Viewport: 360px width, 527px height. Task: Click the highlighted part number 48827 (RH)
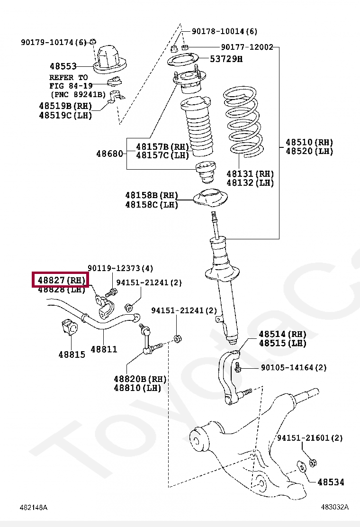coord(61,280)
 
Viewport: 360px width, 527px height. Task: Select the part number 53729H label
coord(226,59)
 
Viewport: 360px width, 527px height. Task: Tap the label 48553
coord(63,67)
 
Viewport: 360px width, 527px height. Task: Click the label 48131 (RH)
coord(250,174)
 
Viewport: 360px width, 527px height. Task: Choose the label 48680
coord(109,154)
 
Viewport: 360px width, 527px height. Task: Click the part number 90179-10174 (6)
coord(54,42)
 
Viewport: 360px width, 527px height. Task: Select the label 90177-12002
coord(247,47)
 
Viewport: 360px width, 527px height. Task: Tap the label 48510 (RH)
coord(309,142)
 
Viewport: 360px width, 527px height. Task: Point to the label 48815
coord(72,354)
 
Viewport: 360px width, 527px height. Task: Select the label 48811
coord(104,349)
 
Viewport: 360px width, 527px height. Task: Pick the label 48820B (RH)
coord(140,379)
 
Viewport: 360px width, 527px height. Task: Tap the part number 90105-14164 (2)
coord(294,367)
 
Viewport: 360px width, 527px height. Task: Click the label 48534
coord(331,482)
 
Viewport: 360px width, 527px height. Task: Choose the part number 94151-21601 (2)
coord(309,438)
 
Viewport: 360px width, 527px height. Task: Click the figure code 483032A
coord(334,507)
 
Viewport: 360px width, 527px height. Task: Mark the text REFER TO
coord(69,77)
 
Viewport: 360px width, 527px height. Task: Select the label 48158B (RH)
coord(152,195)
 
